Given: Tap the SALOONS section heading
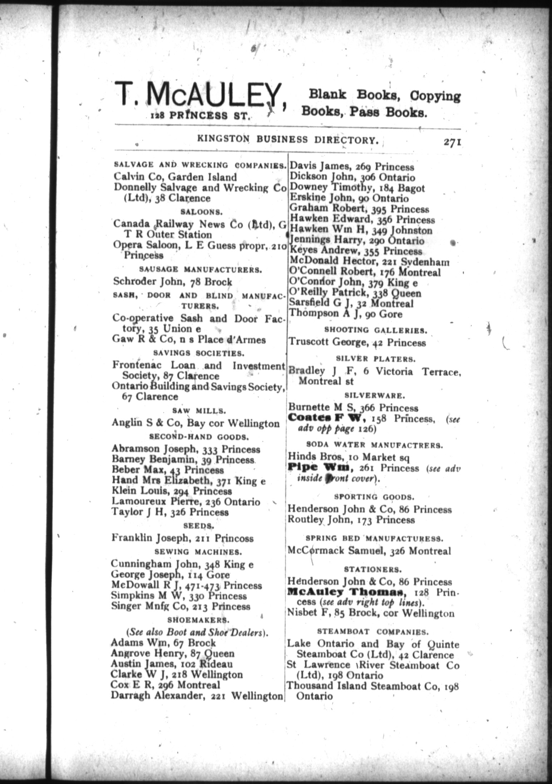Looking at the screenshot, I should pyautogui.click(x=201, y=212).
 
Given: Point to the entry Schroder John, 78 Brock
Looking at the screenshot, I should pyautogui.click(x=172, y=281).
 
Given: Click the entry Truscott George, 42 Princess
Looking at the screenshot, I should pyautogui.click(x=357, y=343).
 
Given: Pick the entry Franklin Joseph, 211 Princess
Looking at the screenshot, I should pyautogui.click(x=182, y=538).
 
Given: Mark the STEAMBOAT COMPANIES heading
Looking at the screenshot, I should pyautogui.click(x=373, y=632).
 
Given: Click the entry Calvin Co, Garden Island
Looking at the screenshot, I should pyautogui.click(x=175, y=177).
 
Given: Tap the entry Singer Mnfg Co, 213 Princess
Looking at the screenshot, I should pyautogui.click(x=181, y=606).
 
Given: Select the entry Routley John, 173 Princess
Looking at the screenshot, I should pyautogui.click(x=351, y=520).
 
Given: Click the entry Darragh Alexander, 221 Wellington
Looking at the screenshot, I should pyautogui.click(x=197, y=696).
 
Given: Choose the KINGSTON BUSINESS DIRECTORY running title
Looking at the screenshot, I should pyautogui.click(x=288, y=139).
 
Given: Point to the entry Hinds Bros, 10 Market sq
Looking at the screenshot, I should pyautogui.click(x=347, y=457).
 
